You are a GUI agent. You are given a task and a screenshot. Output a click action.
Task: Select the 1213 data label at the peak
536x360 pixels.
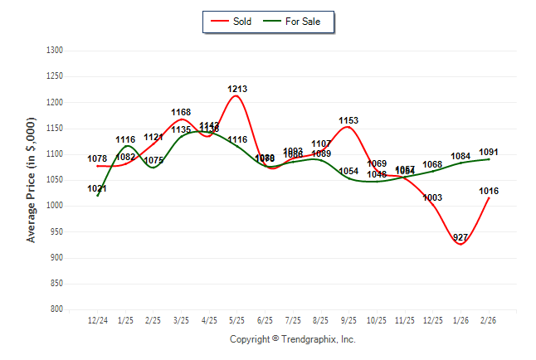click(x=237, y=89)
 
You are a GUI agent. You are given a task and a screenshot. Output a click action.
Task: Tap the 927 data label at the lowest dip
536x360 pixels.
click(x=460, y=238)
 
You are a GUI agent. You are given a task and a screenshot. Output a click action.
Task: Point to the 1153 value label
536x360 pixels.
click(x=349, y=121)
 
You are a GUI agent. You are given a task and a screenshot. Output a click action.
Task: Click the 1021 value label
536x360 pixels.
click(x=97, y=189)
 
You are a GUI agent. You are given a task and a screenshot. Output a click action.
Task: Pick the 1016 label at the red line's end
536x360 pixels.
click(x=489, y=192)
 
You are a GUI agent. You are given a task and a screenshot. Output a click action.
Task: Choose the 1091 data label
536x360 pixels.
click(x=489, y=152)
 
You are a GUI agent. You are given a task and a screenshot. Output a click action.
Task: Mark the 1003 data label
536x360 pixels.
click(x=432, y=197)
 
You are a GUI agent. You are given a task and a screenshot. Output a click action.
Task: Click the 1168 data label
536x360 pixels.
click(x=181, y=112)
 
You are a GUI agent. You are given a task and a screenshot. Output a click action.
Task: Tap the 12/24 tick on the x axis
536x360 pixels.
click(x=97, y=319)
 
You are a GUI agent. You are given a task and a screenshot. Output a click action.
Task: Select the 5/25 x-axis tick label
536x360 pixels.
click(x=237, y=319)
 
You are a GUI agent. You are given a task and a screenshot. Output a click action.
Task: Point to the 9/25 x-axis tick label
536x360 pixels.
click(x=349, y=319)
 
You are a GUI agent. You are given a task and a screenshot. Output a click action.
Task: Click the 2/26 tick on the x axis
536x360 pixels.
click(x=489, y=319)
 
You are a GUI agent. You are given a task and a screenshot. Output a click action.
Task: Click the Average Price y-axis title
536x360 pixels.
click(x=32, y=180)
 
